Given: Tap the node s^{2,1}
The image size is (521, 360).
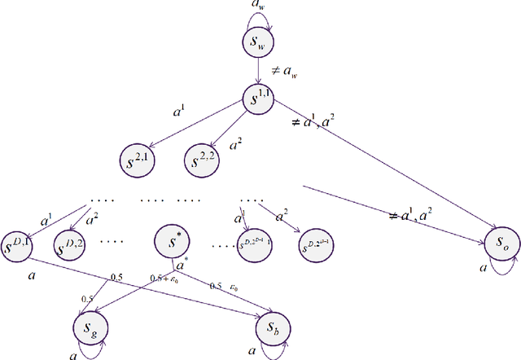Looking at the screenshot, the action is click(138, 157).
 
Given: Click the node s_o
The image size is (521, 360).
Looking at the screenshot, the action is click(500, 241).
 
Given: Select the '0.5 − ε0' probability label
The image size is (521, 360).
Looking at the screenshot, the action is click(225, 286).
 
